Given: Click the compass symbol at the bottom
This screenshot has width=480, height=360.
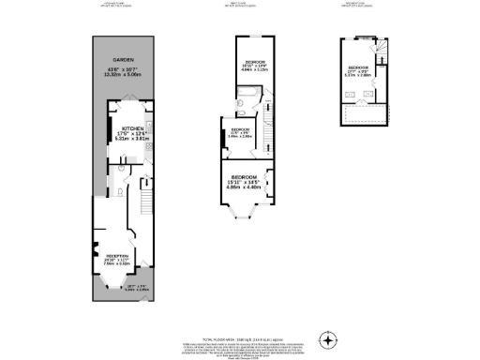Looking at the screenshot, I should click(327, 338).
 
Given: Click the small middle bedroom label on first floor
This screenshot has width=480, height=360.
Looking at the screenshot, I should click(239, 131).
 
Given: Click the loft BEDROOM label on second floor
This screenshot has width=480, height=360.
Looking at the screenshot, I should click(357, 69).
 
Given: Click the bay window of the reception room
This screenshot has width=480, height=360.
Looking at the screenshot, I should click(113, 286).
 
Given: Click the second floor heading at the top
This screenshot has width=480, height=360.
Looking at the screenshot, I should click(360, 5).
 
